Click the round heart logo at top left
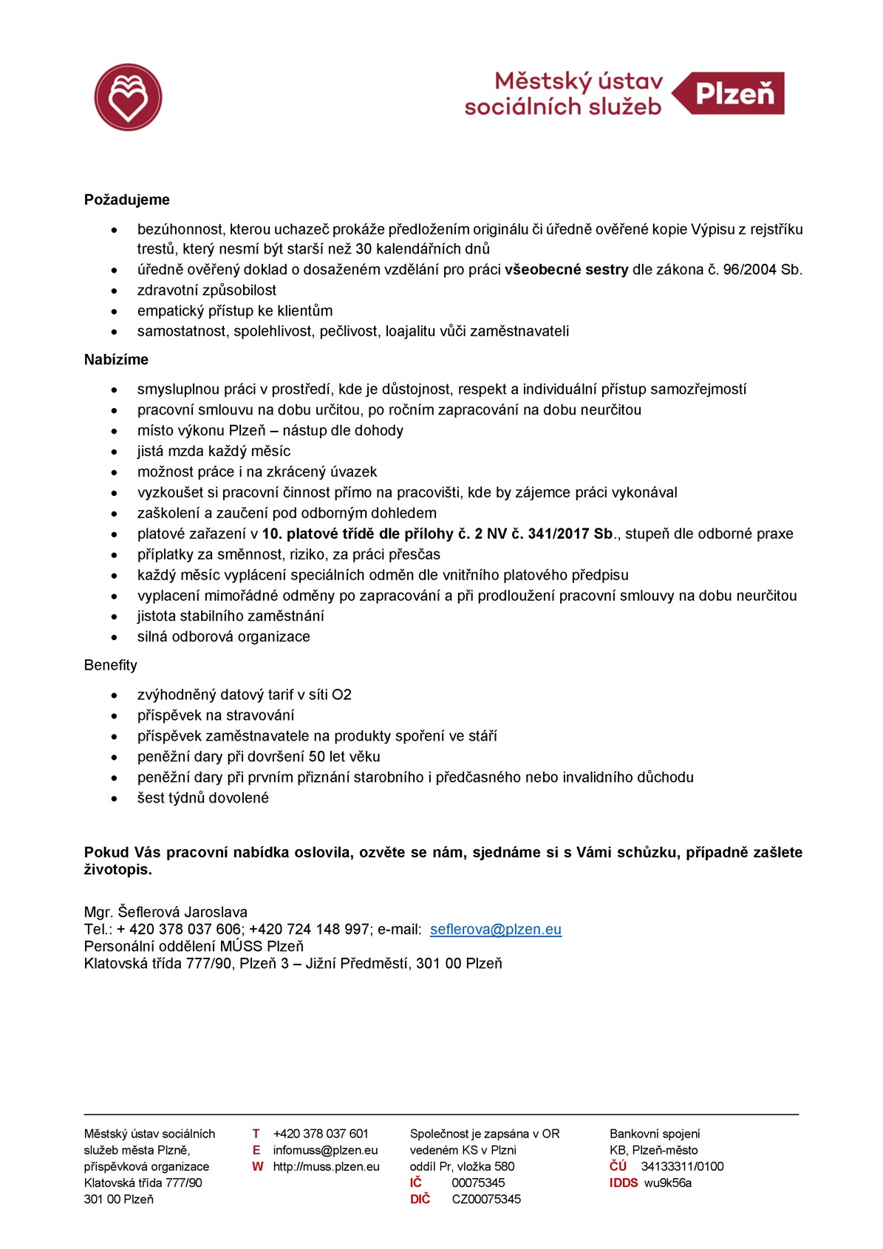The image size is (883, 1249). tap(128, 97)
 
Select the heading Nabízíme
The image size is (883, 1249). tap(116, 360)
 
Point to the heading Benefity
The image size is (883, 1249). tap(111, 665)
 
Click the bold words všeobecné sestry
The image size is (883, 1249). tap(566, 270)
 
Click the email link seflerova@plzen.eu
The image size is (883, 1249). tap(495, 930)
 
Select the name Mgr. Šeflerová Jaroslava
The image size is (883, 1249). tap(166, 912)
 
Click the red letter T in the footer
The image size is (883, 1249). tap(256, 1134)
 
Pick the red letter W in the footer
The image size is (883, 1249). tap(257, 1166)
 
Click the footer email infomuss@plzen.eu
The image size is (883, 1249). tap(325, 1150)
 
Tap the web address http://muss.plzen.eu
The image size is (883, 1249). tap(326, 1166)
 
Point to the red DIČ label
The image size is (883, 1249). tap(420, 1199)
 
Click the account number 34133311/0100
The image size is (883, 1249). tap(682, 1166)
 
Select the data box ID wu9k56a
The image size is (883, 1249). tap(668, 1182)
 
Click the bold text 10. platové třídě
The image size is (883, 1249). tap(318, 534)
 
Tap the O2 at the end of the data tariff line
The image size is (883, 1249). tap(341, 695)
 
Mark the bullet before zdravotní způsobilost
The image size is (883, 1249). tap(115, 290)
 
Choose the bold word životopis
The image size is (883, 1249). tap(118, 870)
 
